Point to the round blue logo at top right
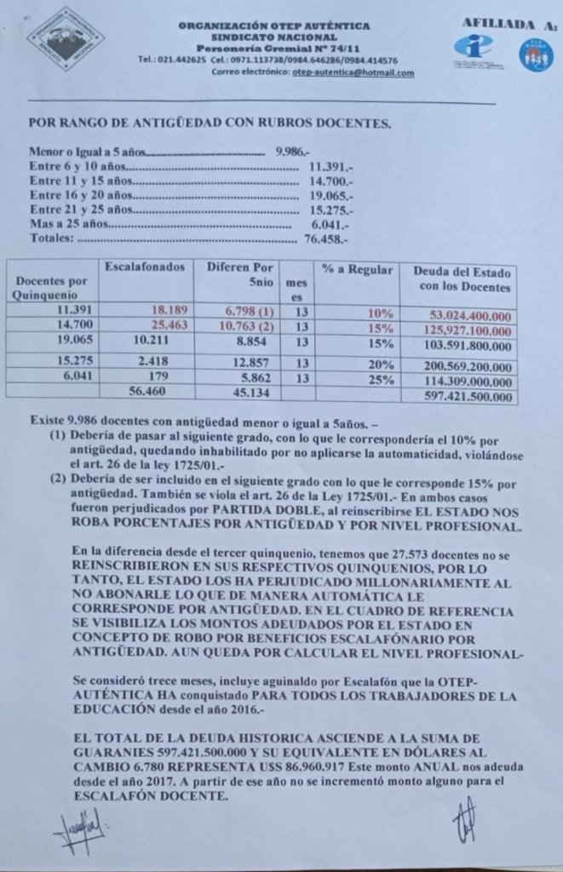(x=536, y=55)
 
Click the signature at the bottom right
(x=466, y=821)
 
